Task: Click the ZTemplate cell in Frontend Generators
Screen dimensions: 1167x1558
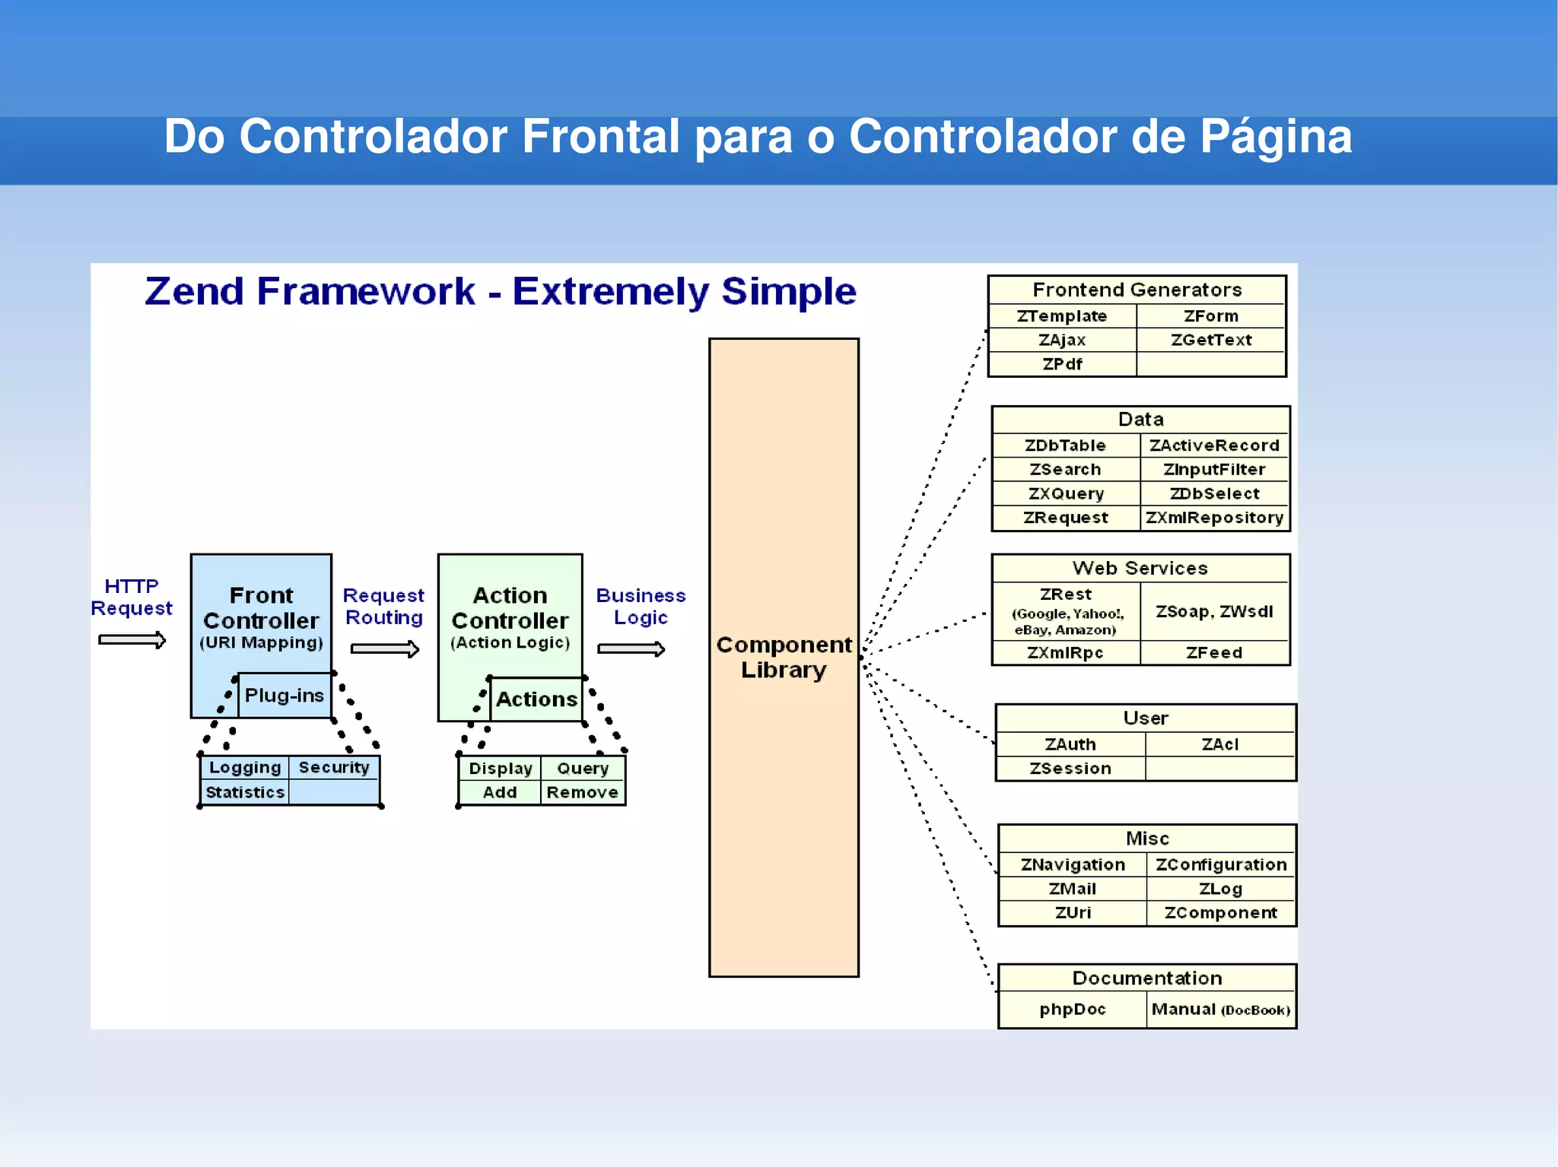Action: [x=1062, y=316]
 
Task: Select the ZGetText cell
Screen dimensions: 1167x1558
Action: [x=1211, y=340]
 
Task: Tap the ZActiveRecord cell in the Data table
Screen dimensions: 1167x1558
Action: [x=1214, y=446]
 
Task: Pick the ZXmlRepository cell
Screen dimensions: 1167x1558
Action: [x=1214, y=518]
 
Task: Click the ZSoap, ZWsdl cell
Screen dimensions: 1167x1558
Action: [x=1214, y=611]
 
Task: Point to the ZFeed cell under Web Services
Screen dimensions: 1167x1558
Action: [x=1214, y=652]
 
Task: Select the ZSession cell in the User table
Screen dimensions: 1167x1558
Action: [x=1070, y=769]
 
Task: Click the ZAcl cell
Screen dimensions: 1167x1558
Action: [x=1219, y=744]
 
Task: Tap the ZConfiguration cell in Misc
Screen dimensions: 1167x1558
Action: [x=1220, y=864]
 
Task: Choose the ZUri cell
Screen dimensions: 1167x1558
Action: [x=1073, y=912]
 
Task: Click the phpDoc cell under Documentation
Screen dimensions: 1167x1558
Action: [x=1072, y=1010]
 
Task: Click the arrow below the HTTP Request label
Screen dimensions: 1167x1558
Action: [x=132, y=640]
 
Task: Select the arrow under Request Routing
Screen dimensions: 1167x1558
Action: [x=384, y=649]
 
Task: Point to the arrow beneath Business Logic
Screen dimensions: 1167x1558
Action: [x=631, y=649]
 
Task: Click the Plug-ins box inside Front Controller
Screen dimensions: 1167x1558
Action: [x=285, y=695]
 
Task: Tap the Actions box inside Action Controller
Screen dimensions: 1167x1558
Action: [x=536, y=699]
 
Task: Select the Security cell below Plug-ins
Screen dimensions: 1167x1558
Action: [x=333, y=767]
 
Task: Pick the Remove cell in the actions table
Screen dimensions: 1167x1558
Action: [x=582, y=792]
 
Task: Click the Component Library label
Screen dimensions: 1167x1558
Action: [x=784, y=657]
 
